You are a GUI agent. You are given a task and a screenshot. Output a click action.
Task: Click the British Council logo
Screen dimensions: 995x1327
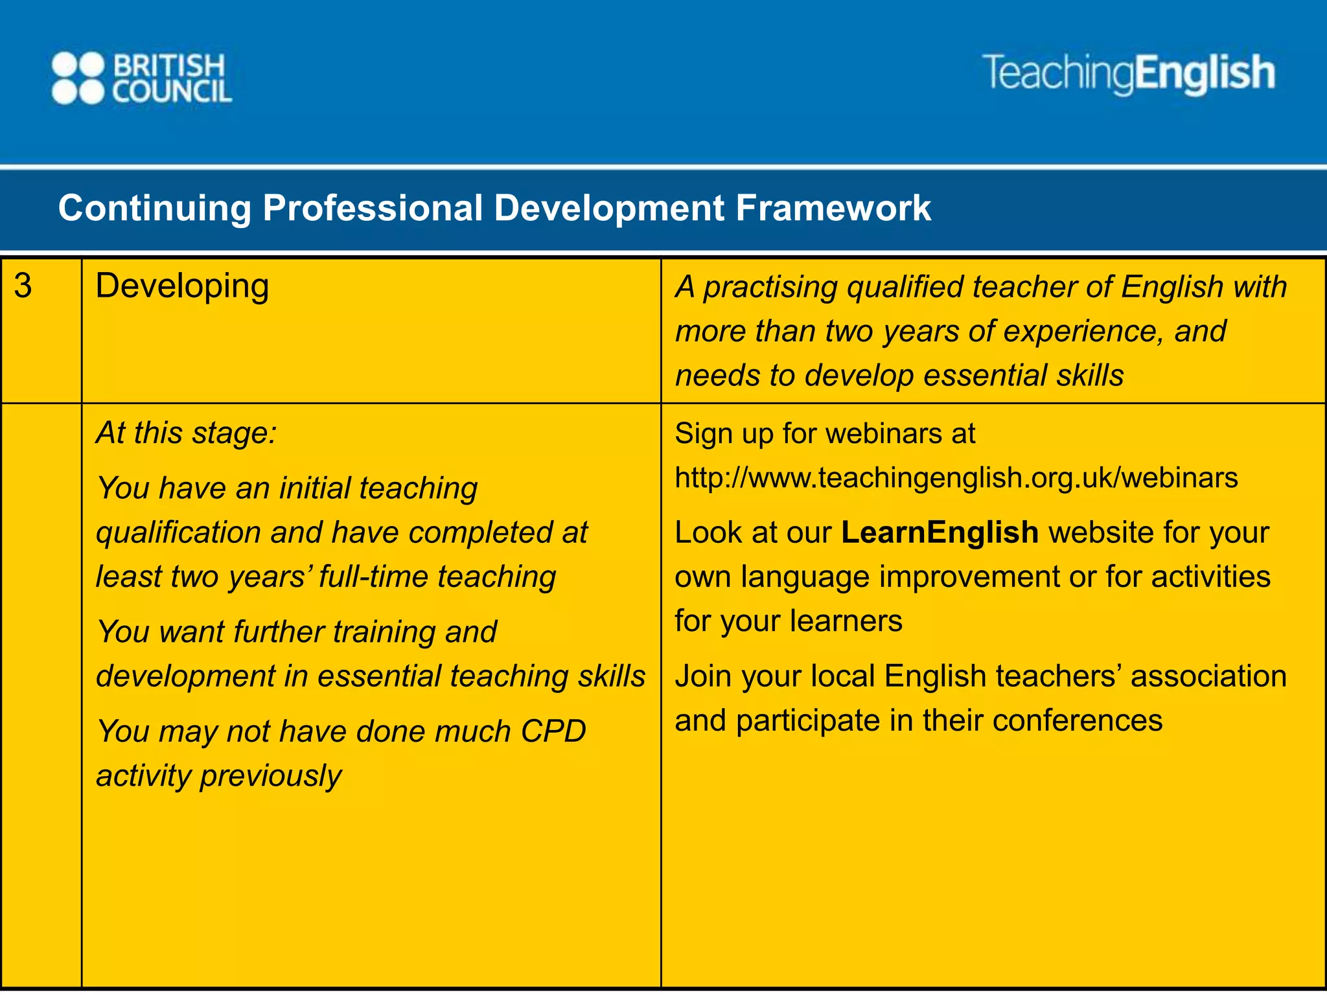pos(141,78)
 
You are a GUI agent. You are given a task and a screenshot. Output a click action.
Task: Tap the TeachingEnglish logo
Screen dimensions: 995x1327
pos(1129,73)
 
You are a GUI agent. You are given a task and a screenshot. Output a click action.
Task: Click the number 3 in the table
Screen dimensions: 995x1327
pos(23,286)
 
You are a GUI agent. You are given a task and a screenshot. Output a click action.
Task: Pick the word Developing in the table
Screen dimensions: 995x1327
pos(182,286)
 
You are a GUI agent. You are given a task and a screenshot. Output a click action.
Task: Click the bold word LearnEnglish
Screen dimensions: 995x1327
pos(940,532)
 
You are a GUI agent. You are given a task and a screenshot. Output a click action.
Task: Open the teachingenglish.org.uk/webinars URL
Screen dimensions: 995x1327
pos(956,478)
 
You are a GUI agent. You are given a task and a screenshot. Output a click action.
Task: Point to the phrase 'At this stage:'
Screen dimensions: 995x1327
pos(187,433)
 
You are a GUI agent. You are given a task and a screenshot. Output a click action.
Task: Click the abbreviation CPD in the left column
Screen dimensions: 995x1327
pos(553,731)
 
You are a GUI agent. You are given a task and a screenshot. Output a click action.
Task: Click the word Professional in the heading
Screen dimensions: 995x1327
pos(373,208)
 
